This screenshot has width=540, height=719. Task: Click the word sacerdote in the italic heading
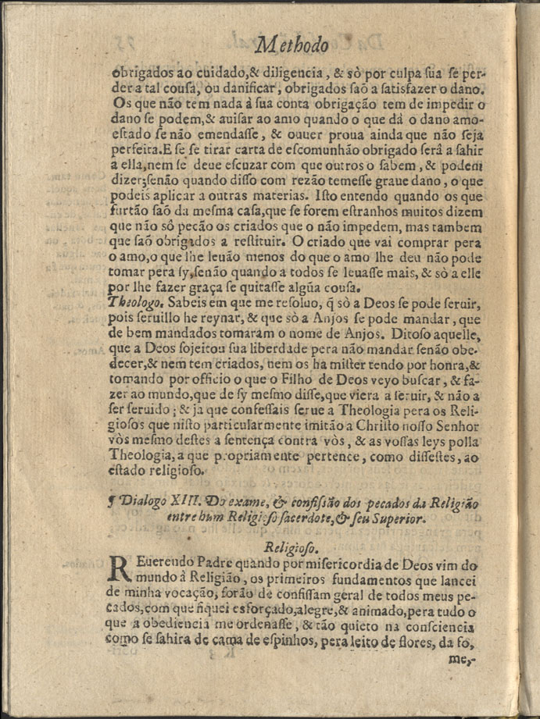288,516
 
